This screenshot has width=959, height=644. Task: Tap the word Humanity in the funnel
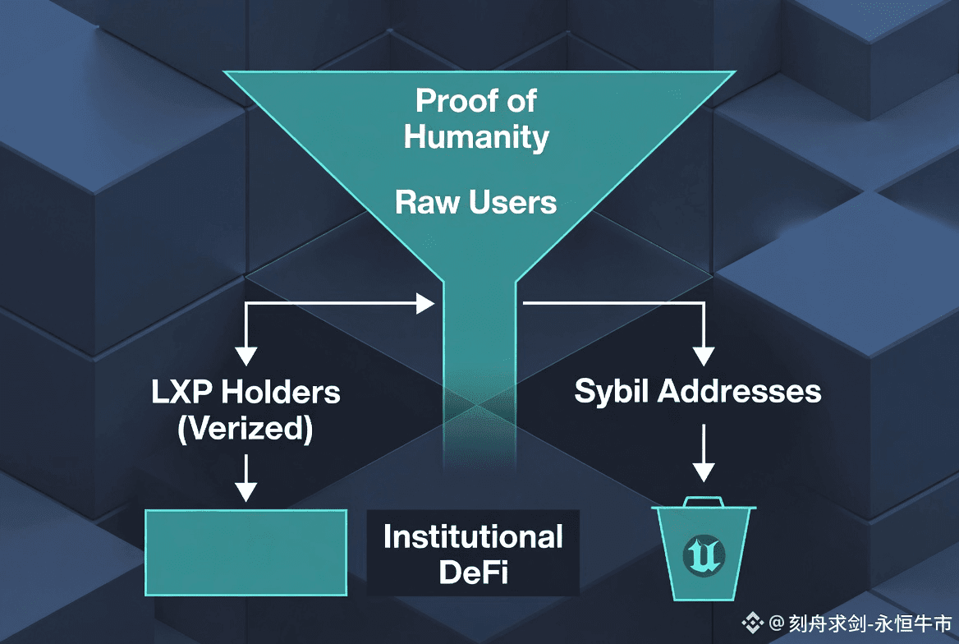tap(476, 136)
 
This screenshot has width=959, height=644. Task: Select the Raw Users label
tap(476, 202)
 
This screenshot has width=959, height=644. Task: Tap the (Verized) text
tap(245, 430)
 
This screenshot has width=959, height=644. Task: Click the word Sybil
tap(612, 391)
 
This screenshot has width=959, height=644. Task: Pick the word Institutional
tap(473, 537)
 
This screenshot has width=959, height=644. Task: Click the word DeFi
tap(474, 573)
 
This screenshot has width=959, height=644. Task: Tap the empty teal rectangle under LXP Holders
tap(245, 551)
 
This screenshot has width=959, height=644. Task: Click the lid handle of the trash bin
tap(704, 500)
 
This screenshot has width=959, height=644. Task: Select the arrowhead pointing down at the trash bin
tap(704, 472)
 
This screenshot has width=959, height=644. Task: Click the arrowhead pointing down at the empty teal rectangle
tap(245, 490)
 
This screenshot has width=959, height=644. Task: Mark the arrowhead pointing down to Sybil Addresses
tap(704, 356)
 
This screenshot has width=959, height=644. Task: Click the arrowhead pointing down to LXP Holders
tap(245, 356)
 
